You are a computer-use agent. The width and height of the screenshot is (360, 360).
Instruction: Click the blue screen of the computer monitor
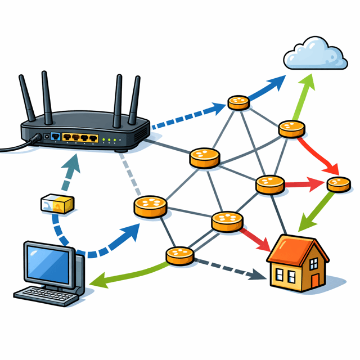(x=49, y=264)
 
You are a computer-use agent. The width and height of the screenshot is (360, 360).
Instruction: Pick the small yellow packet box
(x=57, y=204)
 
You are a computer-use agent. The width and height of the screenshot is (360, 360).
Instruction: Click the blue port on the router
(x=55, y=137)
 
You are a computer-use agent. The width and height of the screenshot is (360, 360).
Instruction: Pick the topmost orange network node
(x=238, y=102)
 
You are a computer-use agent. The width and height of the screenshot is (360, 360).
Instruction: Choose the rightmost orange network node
(x=339, y=183)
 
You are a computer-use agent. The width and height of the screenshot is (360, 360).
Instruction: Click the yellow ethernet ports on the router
(x=80, y=138)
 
